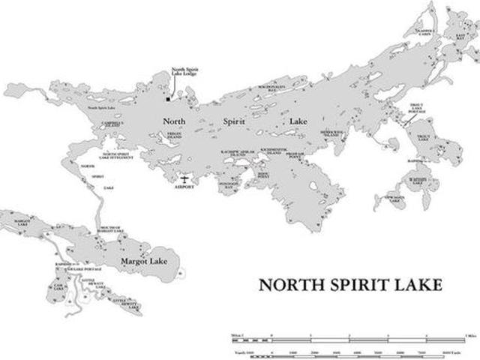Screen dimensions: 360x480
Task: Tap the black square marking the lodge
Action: pos(167,97)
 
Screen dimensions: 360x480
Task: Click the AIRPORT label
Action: pos(184,187)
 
